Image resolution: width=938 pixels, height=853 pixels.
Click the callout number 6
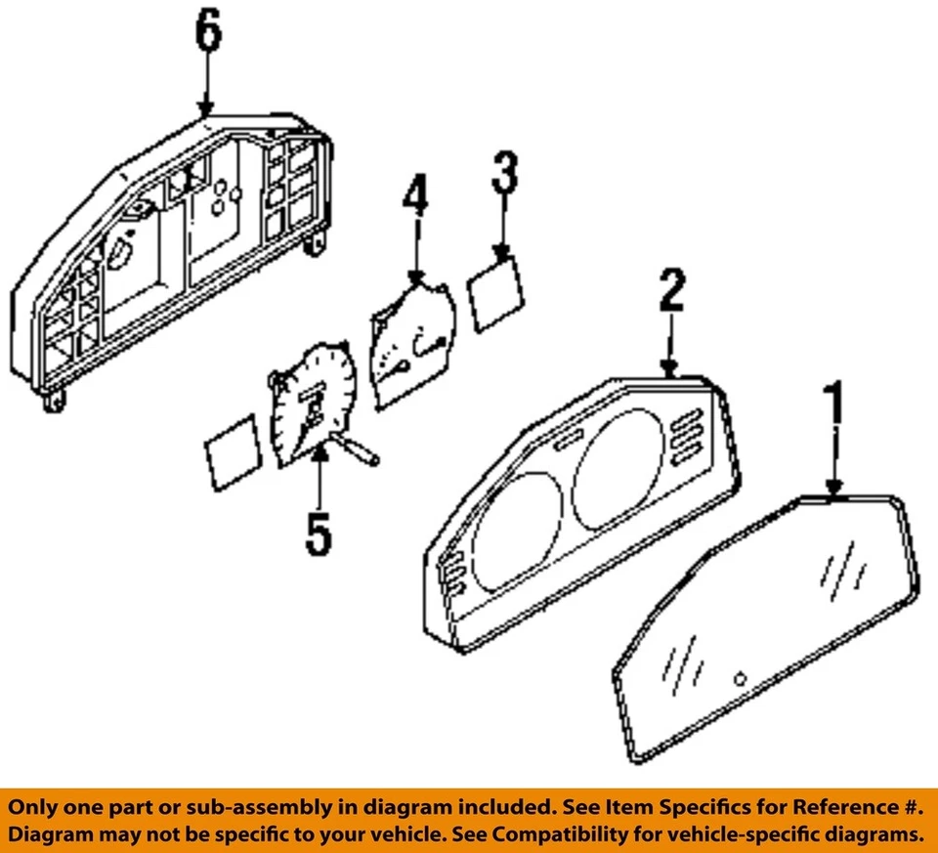pyautogui.click(x=207, y=35)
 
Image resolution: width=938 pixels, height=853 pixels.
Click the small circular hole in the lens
pyautogui.click(x=741, y=679)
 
